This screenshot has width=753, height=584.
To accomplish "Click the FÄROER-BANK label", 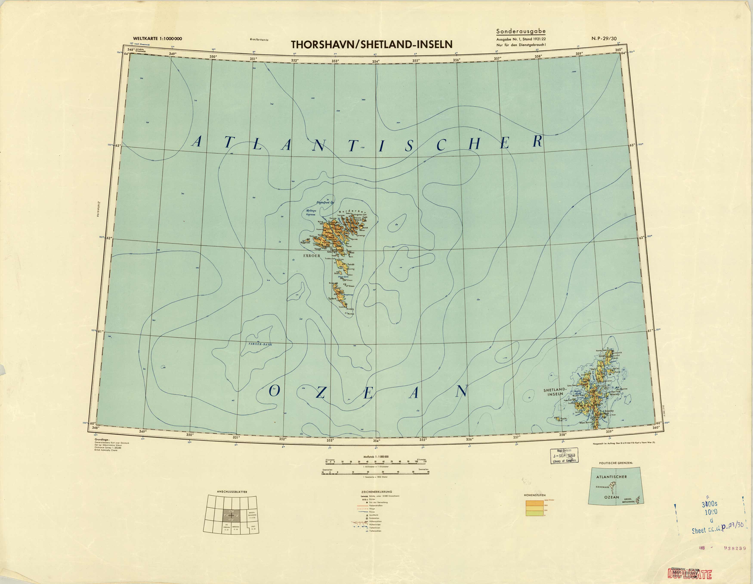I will pyautogui.click(x=260, y=344).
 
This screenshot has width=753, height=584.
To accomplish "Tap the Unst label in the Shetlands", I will pyautogui.click(x=602, y=356).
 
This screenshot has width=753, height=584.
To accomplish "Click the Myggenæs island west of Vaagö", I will pyautogui.click(x=306, y=242).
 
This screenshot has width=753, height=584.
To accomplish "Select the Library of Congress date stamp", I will pyautogui.click(x=564, y=456).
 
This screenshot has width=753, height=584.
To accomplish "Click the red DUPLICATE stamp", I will pyautogui.click(x=690, y=574).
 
